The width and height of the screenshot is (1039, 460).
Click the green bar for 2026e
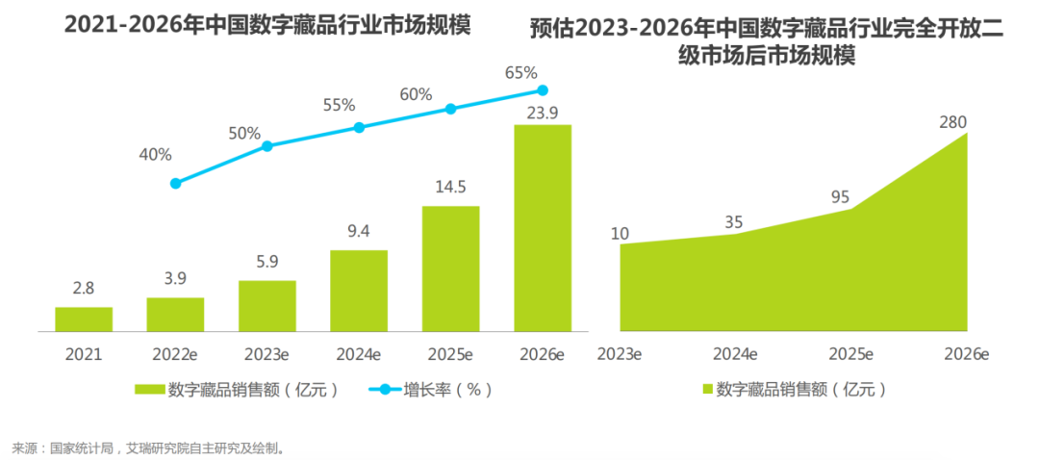click(x=543, y=228)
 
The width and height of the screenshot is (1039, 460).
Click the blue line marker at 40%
click(x=175, y=183)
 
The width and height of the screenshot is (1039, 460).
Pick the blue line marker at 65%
click(x=543, y=90)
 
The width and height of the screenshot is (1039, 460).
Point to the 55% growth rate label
click(x=339, y=106)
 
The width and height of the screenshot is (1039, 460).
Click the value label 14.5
click(x=450, y=187)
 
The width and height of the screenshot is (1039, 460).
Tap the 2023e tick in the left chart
click(x=267, y=353)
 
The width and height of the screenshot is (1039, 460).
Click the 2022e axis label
click(x=175, y=353)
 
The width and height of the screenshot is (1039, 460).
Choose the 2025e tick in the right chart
click(x=849, y=354)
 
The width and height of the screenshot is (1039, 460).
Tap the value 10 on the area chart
click(x=621, y=232)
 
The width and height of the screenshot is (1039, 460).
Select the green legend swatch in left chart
click(x=148, y=390)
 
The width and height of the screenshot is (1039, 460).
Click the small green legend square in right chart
click(x=707, y=390)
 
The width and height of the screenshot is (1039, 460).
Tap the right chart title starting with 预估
click(x=766, y=42)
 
